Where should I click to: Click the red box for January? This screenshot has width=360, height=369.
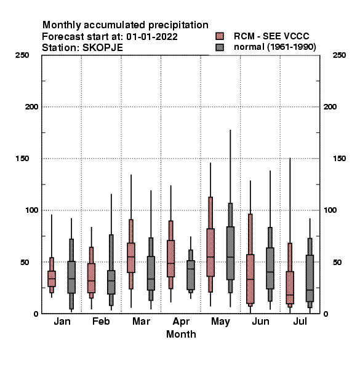(52, 279)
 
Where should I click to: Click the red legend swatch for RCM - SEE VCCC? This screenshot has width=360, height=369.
(220, 36)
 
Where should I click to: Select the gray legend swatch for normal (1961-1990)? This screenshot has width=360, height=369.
(220, 47)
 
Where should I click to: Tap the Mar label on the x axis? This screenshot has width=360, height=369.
(141, 322)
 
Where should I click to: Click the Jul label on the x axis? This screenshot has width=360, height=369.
(300, 322)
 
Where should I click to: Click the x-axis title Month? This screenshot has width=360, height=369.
(181, 334)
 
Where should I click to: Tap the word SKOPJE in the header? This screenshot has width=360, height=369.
(103, 48)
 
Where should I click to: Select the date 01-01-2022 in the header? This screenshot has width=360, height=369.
(152, 37)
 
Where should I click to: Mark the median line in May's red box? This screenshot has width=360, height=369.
(210, 257)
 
